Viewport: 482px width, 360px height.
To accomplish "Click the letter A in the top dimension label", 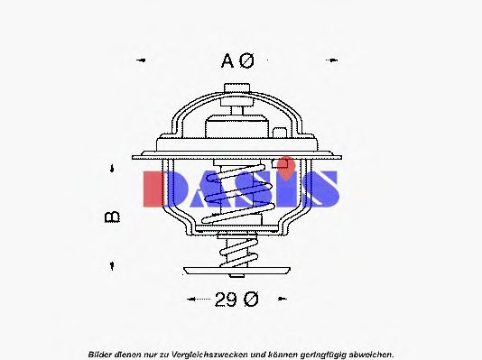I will (x=229, y=60).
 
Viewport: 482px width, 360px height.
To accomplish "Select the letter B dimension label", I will (x=113, y=217).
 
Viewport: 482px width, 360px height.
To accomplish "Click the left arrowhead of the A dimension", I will (x=140, y=61).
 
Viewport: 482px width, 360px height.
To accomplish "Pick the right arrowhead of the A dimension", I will (x=341, y=61).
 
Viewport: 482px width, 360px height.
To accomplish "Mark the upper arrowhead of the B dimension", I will (x=113, y=169).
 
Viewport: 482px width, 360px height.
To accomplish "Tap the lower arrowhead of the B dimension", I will (x=113, y=265).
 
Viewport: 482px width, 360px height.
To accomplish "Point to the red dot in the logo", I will (x=285, y=165).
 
